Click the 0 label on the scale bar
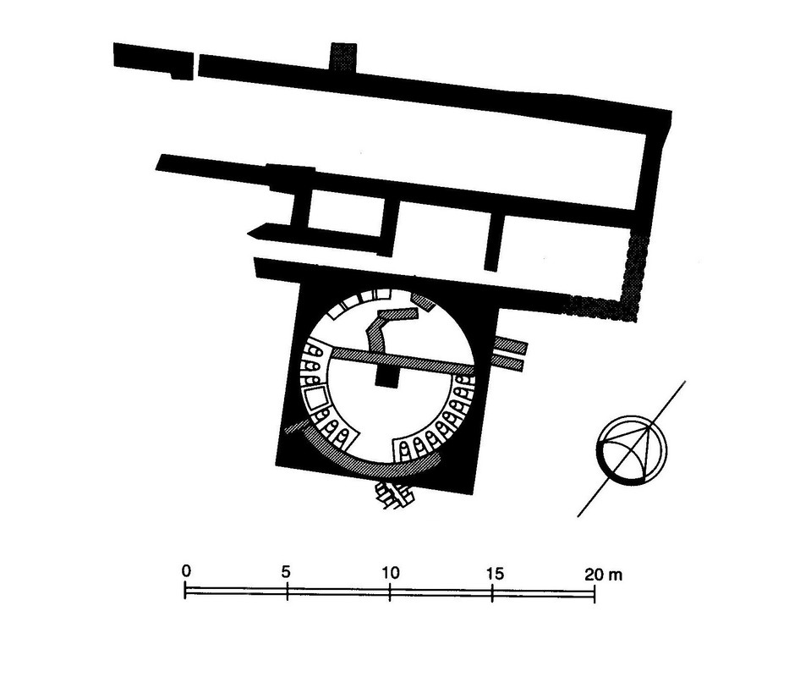click(x=186, y=571)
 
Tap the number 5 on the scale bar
click(x=287, y=571)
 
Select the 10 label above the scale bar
click(x=389, y=571)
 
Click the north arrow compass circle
click(x=632, y=449)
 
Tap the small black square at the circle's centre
click(x=386, y=378)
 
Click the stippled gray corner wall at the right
click(x=630, y=288)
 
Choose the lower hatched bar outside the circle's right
click(x=512, y=363)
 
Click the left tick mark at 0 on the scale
click(x=186, y=591)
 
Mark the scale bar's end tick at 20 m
click(x=595, y=591)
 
